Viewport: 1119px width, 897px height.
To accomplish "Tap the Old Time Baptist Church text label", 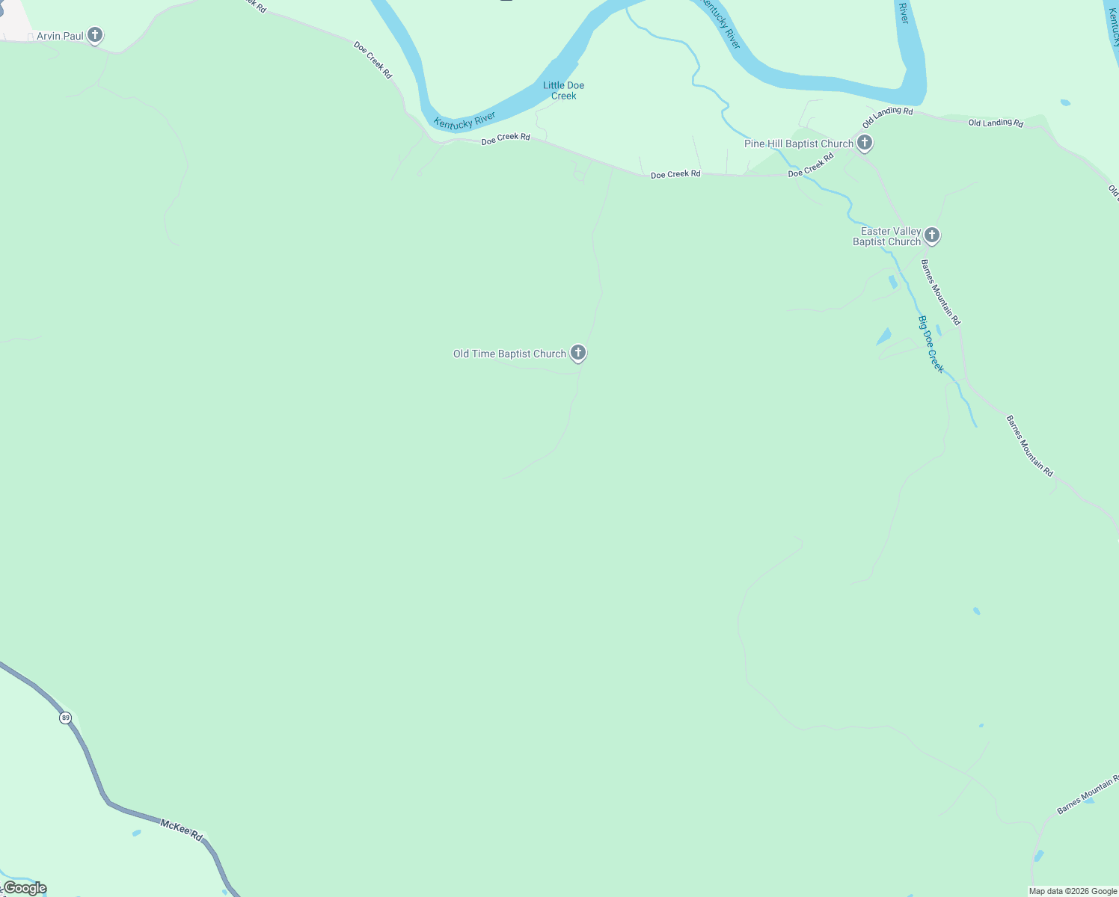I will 509,354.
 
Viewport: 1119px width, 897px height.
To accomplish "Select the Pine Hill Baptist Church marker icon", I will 865,143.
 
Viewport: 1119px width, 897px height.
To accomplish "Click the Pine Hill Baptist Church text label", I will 798,144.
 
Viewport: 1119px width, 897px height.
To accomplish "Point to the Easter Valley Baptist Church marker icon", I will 931,235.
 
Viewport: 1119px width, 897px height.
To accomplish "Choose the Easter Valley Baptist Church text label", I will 888,236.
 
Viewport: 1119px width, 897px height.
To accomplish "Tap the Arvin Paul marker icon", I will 94,34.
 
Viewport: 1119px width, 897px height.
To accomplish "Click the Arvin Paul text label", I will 60,36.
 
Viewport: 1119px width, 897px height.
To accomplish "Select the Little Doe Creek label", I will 563,90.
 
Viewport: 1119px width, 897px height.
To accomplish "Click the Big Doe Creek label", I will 931,344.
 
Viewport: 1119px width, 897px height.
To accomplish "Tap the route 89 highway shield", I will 66,718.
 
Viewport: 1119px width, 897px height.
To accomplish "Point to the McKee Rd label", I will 182,829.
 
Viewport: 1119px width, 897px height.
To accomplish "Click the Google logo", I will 24,888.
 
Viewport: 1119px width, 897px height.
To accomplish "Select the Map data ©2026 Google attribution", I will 1073,891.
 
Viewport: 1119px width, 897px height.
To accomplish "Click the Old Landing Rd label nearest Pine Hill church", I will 887,117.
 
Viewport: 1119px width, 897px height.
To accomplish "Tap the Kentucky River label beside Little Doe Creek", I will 465,120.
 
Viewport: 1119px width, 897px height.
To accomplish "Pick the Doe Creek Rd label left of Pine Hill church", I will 811,165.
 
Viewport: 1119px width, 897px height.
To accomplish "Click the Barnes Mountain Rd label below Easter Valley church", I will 940,292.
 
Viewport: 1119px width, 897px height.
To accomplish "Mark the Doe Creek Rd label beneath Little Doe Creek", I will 506,138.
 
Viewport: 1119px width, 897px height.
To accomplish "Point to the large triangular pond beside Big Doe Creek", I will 884,336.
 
